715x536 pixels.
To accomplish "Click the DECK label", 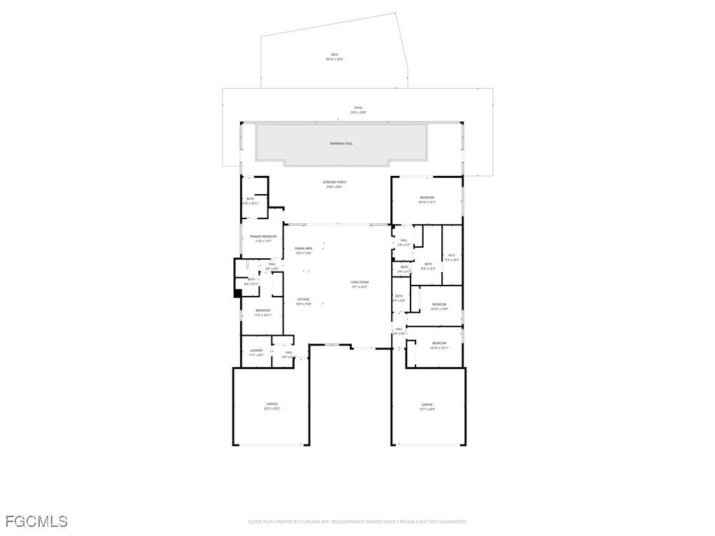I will [x=334, y=54].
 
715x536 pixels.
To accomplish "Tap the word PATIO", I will [x=358, y=107].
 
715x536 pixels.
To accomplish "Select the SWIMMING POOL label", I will [x=341, y=144].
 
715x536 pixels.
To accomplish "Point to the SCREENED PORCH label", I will [x=334, y=182].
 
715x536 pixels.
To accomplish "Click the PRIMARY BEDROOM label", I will [x=263, y=237].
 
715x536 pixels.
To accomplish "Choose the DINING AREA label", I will [x=303, y=248].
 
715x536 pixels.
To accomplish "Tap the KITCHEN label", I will [x=303, y=299].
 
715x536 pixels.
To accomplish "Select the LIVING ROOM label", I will [x=359, y=282].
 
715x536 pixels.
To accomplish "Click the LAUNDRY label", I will [x=256, y=350].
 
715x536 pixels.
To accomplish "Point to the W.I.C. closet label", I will [x=452, y=255].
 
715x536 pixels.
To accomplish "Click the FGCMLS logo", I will [x=36, y=521].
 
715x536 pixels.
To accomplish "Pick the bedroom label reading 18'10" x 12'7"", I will [x=427, y=202].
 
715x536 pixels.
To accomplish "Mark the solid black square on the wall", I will [x=237, y=293].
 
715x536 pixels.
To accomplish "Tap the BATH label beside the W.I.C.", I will [x=428, y=264].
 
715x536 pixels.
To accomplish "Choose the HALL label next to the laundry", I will [x=288, y=352].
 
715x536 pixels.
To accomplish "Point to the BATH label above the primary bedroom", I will [x=250, y=199].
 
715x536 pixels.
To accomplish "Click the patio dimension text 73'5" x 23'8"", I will [x=358, y=112].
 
